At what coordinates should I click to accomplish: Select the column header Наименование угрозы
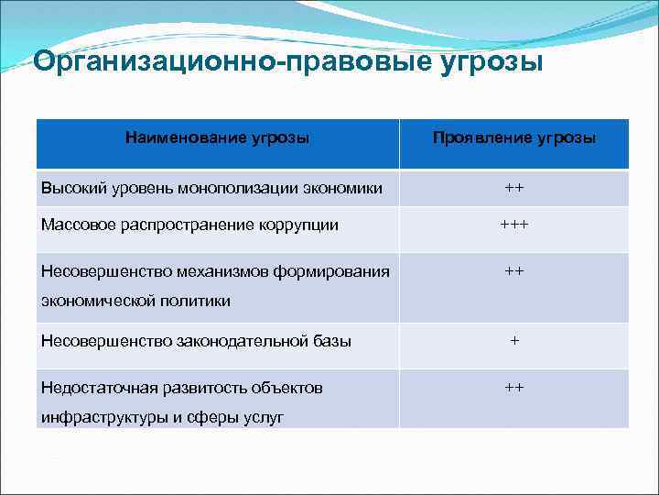[217, 137]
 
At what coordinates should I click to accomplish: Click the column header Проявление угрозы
[513, 137]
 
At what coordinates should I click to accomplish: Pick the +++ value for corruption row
[513, 225]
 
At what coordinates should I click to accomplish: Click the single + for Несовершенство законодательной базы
[514, 340]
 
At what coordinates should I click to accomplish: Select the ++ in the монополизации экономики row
[514, 187]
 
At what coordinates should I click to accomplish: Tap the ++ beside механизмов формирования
[514, 270]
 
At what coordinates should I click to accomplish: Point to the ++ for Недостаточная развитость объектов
[514, 387]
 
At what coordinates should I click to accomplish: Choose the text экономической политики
[135, 300]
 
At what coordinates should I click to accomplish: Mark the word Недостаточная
[93, 388]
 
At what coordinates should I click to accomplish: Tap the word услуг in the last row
[264, 417]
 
